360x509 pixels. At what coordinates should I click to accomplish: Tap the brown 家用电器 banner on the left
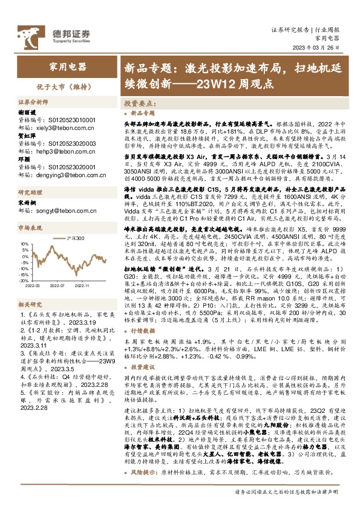[67, 66]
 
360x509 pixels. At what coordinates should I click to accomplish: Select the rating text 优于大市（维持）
[67, 86]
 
